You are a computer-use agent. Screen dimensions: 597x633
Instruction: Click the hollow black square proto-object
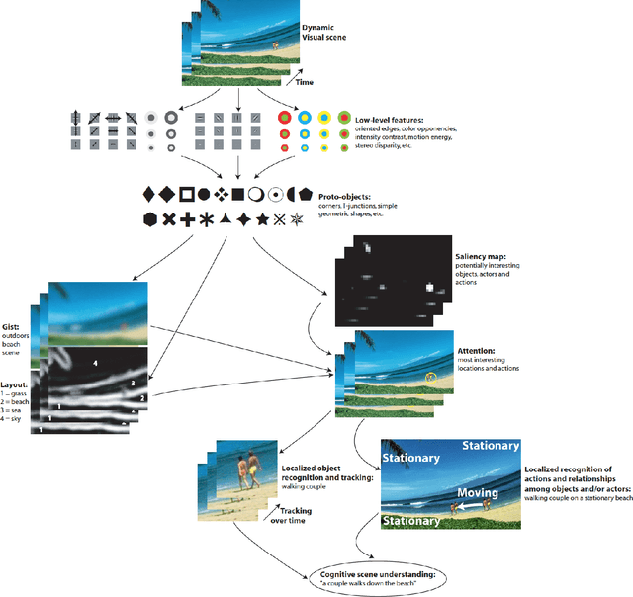tap(186, 193)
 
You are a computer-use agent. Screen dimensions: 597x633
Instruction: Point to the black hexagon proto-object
tap(149, 218)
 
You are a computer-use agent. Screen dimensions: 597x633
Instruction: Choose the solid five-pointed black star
tap(262, 218)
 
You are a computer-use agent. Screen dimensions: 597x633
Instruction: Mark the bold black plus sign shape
tap(187, 218)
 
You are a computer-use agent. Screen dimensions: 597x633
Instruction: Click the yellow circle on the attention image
tap(430, 378)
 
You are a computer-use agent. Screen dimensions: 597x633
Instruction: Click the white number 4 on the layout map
tap(96, 365)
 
